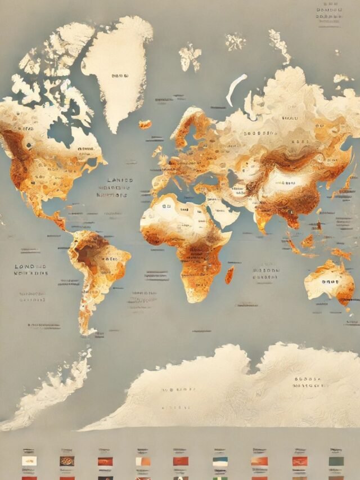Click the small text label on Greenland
[x=120, y=75]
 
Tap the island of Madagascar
[x=229, y=275]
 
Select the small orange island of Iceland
[x=145, y=124]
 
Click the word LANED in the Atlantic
[x=120, y=181]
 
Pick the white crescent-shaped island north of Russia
[x=236, y=88]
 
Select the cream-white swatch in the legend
[x=29, y=461]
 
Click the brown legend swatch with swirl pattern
[x=67, y=461]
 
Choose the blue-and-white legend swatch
[x=220, y=461]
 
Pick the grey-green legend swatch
[x=336, y=461]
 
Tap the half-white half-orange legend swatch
[x=143, y=461]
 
